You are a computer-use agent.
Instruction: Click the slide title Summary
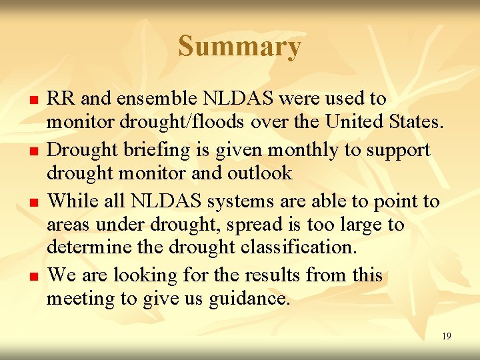[x=239, y=47]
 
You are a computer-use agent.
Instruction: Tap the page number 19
[x=446, y=337]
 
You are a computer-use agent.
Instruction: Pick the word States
[x=420, y=123]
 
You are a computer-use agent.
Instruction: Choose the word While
[x=73, y=201]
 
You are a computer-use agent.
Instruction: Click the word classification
[x=297, y=247]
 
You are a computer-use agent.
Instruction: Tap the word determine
[x=87, y=247]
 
